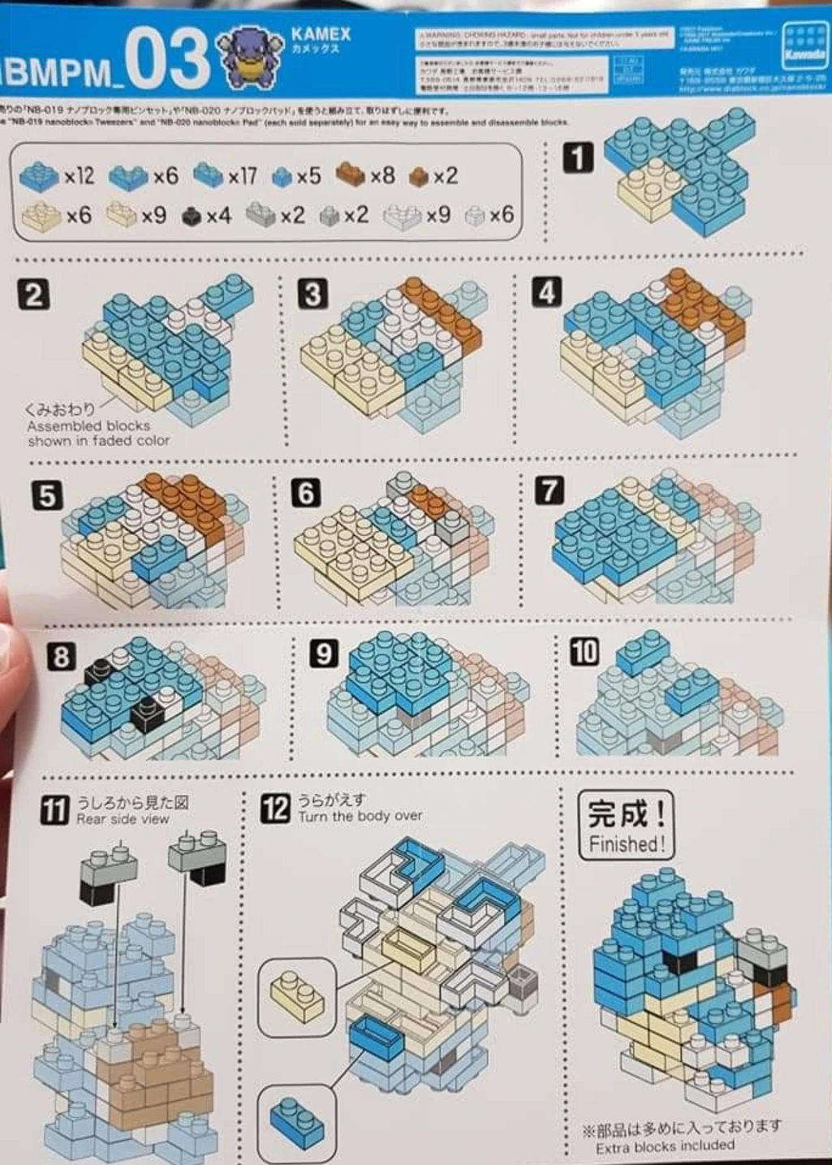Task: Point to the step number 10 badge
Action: coord(584,651)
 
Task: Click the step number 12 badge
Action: coord(275,808)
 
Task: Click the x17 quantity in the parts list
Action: coord(242,175)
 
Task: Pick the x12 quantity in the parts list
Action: coord(79,175)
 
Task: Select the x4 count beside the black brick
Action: coord(218,216)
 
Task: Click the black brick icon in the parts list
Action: coord(192,217)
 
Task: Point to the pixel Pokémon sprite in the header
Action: coord(246,58)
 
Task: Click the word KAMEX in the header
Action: coord(321,34)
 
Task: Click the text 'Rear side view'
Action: coord(123,819)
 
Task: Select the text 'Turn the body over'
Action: coord(360,816)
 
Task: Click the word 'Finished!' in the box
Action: coord(627,844)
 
